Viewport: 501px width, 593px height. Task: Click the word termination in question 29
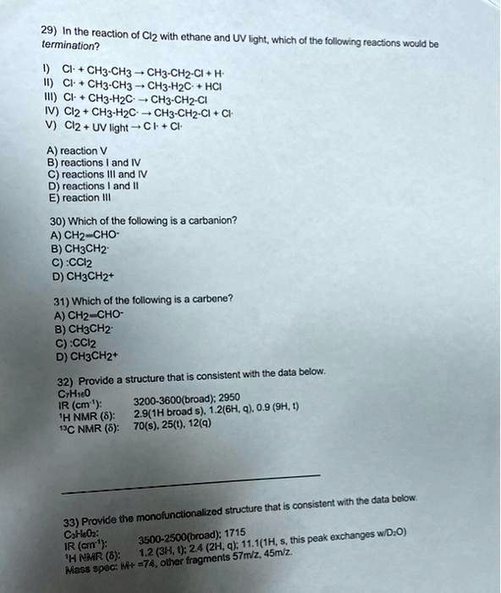[52, 44]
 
